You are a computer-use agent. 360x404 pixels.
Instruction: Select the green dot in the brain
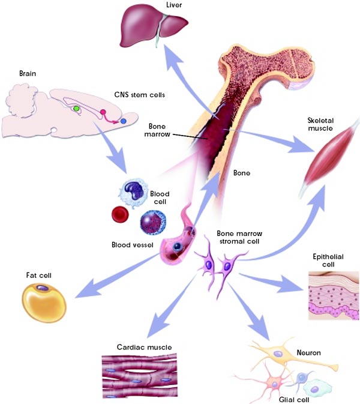coord(76,109)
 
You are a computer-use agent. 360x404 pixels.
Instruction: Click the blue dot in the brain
coord(124,121)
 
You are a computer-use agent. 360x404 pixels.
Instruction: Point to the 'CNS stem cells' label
coord(139,94)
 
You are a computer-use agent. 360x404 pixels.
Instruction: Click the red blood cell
coord(121,214)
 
